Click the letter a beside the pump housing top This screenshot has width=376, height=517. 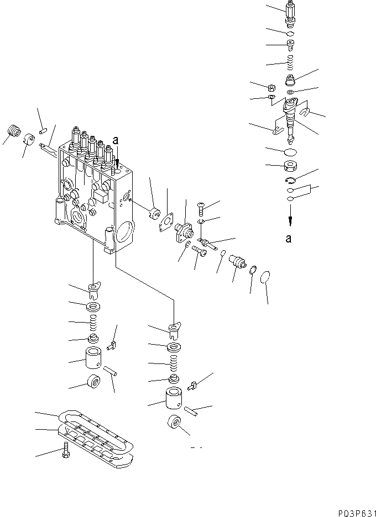tap(115, 141)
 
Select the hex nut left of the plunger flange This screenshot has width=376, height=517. tap(271, 87)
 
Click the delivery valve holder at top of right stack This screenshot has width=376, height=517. tap(291, 13)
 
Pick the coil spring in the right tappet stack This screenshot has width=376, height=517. tap(174, 364)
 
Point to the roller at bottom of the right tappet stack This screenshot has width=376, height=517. tap(174, 424)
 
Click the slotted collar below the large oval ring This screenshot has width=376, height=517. tap(290, 166)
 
